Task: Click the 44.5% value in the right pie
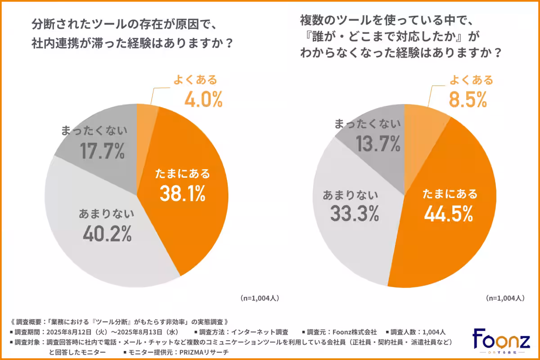click(x=448, y=214)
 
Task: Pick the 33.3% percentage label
click(x=354, y=214)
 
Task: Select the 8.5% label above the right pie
click(x=468, y=100)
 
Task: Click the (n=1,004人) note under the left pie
click(x=261, y=298)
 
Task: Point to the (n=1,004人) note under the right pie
click(x=505, y=298)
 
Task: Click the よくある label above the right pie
click(x=471, y=81)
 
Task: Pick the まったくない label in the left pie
click(x=94, y=131)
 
